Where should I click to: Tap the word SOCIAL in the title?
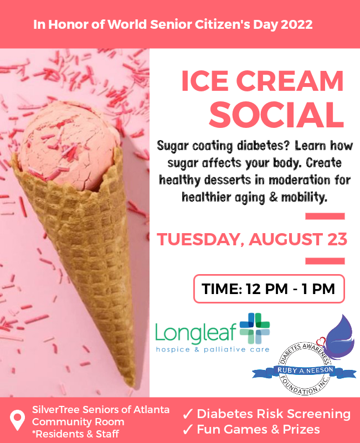pyautogui.click(x=276, y=115)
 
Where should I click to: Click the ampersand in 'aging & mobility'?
pyautogui.click(x=274, y=197)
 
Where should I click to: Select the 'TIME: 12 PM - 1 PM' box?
pyautogui.click(x=269, y=289)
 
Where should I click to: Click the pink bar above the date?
pyautogui.click(x=325, y=217)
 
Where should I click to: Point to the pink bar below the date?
pyautogui.click(x=325, y=261)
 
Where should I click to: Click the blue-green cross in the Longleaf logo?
pyautogui.click(x=255, y=328)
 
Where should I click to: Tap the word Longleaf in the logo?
pyautogui.click(x=196, y=333)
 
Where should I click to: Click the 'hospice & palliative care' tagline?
pyautogui.click(x=213, y=349)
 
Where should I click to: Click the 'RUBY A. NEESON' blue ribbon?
pyautogui.click(x=305, y=370)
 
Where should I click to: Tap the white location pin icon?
pyautogui.click(x=17, y=420)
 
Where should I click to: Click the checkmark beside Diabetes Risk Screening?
pyautogui.click(x=188, y=414)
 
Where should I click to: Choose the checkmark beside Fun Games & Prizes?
pyautogui.click(x=188, y=430)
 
